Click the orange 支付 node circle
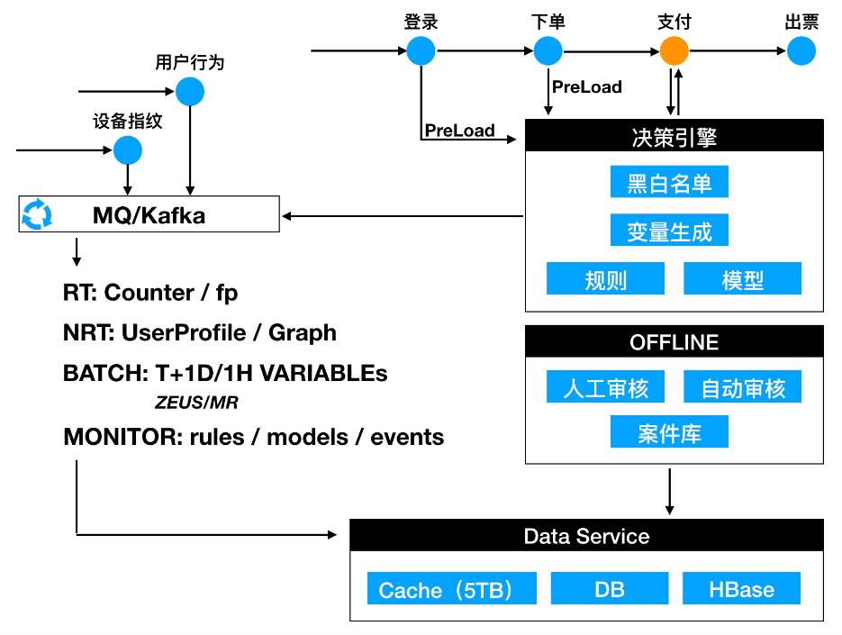pos(675,50)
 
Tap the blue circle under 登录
pos(421,50)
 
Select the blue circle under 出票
pos(801,50)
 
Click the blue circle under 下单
pos(548,50)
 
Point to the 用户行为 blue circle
pos(190,91)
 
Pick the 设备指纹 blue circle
pos(128,150)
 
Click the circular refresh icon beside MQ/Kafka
pos(37,215)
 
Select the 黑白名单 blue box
pos(669,183)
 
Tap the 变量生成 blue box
pos(669,231)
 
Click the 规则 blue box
pos(605,279)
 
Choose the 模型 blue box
pos(743,279)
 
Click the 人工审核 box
pos(605,387)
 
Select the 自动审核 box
pos(743,387)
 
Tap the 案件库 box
pos(669,433)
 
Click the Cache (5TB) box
pos(452,589)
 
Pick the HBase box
pos(742,589)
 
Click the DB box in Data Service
pos(610,589)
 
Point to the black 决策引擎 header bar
pos(674,137)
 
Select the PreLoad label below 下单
pos(587,87)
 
